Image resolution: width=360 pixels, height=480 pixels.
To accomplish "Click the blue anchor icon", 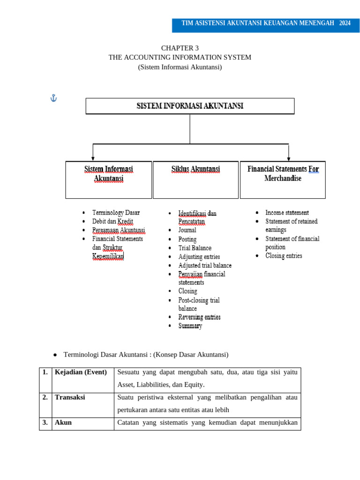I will pos(53,98).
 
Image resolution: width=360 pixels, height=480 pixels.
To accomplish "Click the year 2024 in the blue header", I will pos(345,23).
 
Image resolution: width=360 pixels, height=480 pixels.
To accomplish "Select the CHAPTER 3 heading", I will pos(180,48).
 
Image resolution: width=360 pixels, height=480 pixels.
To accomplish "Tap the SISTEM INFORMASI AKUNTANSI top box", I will pos(190,106).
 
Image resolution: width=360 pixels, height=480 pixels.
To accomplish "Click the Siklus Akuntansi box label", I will pos(195,169).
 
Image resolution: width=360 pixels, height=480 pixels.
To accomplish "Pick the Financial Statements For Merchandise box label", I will pos(283,173).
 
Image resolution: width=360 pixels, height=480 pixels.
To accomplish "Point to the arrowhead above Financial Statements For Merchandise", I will pos(288,159).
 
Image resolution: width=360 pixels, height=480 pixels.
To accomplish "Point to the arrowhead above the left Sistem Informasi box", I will pos(93,159).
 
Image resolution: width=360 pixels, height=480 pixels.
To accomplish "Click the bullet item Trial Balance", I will pos(195,248).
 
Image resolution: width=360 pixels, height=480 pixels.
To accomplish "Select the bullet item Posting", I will pos(187,239).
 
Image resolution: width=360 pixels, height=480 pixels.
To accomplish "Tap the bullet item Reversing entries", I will pos(199,317).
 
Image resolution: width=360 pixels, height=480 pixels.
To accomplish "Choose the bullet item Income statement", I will pos(287,213).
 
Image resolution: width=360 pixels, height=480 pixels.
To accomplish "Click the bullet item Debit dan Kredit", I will pos(112,221).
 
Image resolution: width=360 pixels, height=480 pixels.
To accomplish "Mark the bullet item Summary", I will pos(190,326).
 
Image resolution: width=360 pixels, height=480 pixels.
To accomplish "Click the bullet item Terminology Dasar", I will pos(116,213).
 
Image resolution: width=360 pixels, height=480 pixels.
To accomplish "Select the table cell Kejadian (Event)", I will pos(81,372).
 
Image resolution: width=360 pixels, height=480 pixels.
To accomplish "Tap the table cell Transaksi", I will pos(70,397).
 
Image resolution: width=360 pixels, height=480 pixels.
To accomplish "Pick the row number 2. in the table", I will pos(45,397).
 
